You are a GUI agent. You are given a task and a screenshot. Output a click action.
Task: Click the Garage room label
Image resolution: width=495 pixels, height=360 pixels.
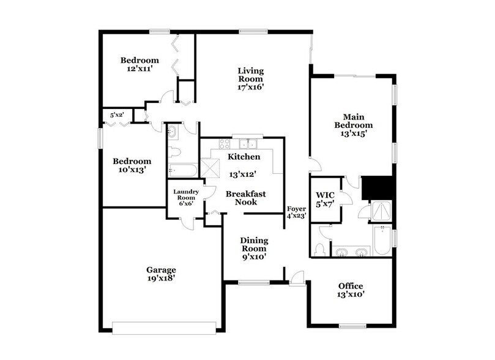[x=161, y=269]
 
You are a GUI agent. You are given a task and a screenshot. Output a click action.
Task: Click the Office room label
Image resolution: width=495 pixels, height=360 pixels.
[x=351, y=286]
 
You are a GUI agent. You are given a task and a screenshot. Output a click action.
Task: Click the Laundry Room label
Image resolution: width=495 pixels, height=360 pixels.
[x=186, y=194]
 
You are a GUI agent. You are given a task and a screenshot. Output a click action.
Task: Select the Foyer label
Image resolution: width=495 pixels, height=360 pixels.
[x=296, y=209]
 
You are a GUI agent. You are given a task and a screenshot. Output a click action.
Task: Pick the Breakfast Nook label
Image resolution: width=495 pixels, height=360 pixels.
[x=245, y=198]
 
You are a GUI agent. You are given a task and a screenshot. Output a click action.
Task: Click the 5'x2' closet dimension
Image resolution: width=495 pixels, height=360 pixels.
[x=117, y=114]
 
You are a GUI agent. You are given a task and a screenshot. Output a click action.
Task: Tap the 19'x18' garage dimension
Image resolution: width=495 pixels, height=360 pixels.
[x=161, y=279]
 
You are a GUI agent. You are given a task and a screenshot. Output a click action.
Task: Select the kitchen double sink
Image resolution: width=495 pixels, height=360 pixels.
[x=248, y=144]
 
